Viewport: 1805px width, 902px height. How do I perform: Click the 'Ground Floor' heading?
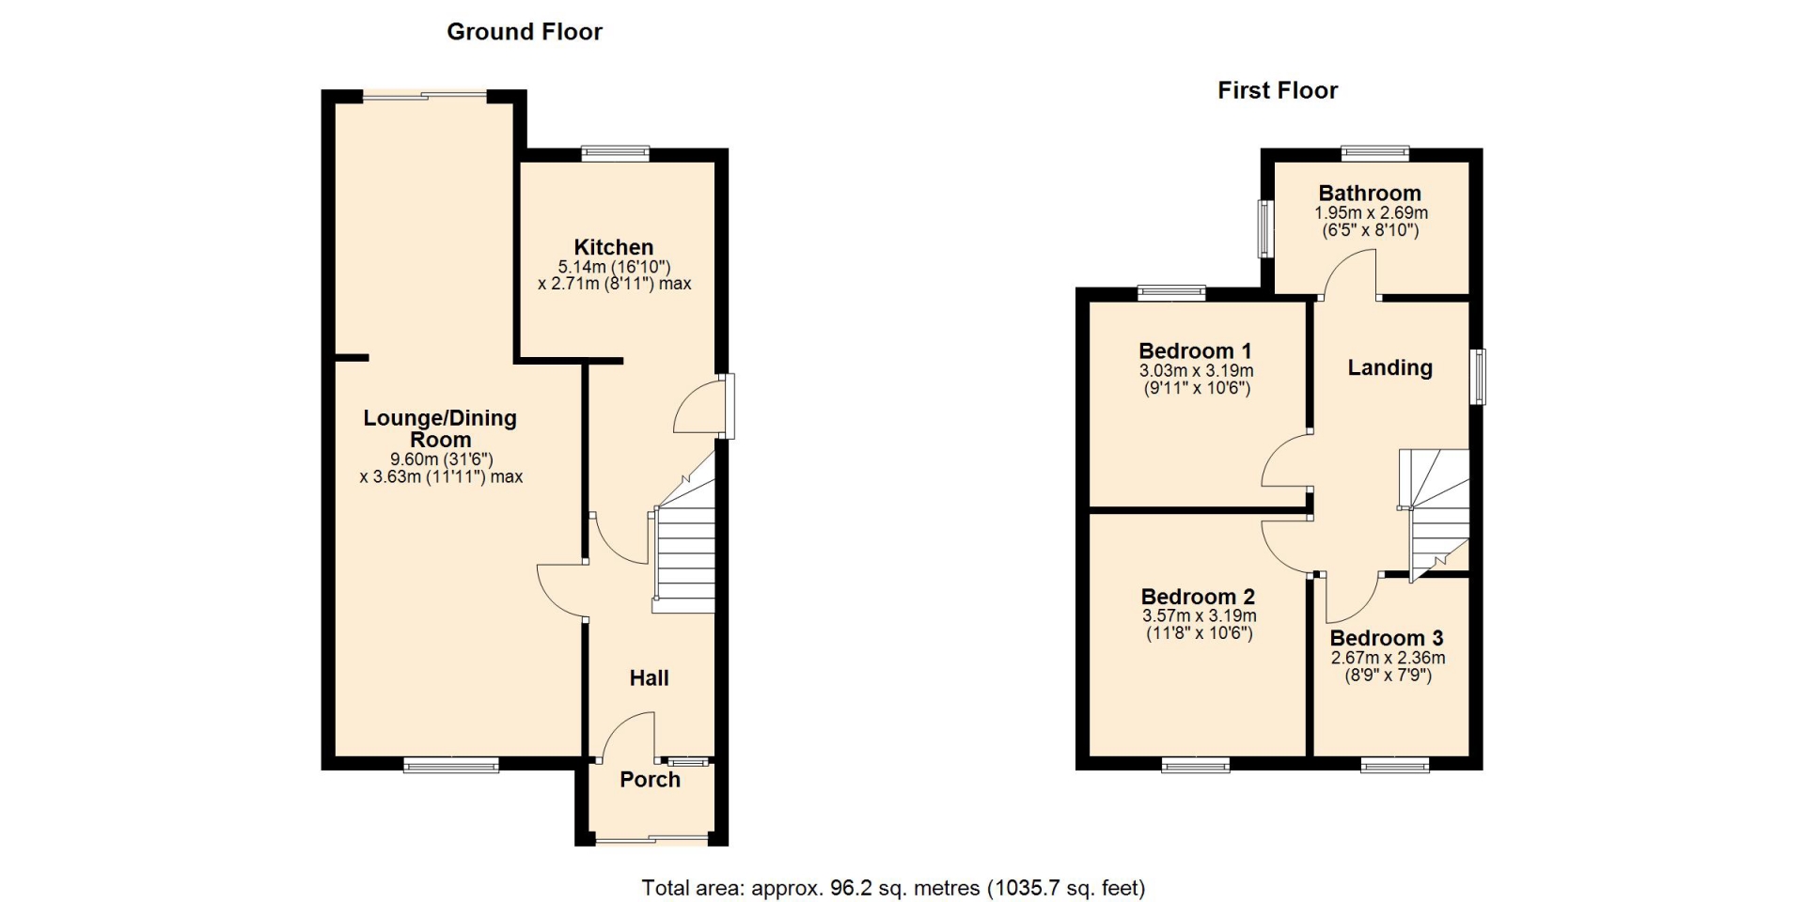pos(525,32)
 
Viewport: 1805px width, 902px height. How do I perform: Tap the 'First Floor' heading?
pos(1278,90)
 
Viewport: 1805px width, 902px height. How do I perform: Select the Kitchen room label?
pos(614,247)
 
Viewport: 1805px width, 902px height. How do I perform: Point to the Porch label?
pos(650,779)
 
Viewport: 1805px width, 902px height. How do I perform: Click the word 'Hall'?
pos(649,677)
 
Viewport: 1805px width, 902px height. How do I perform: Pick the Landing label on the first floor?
pos(1390,368)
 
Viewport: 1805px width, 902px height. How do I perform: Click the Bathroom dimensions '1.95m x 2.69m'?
pos(1371,213)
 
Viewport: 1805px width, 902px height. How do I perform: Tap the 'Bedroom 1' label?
pos(1195,351)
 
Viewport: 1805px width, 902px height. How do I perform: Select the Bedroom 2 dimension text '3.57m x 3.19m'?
pos(1200,616)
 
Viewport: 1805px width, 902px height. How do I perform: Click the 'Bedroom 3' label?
pos(1387,639)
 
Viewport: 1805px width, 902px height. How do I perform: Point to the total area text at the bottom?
pos(893,888)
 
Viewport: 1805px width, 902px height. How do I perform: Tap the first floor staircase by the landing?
pos(1436,512)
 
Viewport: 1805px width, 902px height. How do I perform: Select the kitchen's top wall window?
pos(615,153)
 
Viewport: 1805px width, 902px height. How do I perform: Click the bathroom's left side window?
pos(1265,229)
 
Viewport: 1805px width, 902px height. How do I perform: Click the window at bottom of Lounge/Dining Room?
pos(451,765)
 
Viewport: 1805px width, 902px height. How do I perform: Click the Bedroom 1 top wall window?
pos(1171,293)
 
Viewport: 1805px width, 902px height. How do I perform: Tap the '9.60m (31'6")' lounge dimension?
pos(441,459)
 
